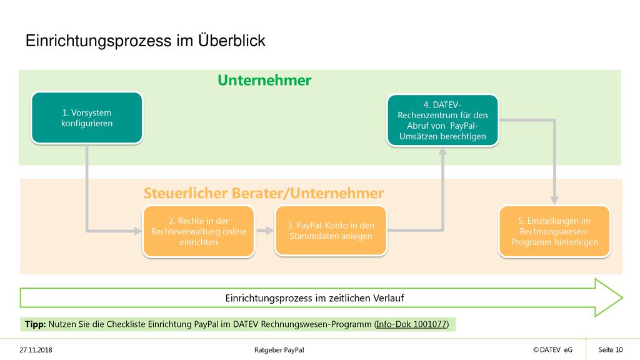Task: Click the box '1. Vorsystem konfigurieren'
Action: tap(87, 118)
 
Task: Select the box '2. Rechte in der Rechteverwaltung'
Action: tap(199, 231)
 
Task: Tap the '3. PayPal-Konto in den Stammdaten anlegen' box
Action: tap(331, 231)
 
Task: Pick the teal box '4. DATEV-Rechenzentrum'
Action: tap(443, 121)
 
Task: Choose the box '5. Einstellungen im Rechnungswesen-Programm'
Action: tap(555, 231)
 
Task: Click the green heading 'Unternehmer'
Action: tap(264, 81)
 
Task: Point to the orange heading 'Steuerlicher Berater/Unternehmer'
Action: tap(264, 193)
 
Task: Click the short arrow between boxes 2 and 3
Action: tap(265, 231)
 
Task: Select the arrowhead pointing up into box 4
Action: tap(443, 151)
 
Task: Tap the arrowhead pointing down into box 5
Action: tap(554, 201)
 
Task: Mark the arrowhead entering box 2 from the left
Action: tap(138, 231)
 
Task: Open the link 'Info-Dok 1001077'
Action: tap(411, 324)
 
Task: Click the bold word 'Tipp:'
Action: tap(36, 324)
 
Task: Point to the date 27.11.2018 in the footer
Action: tap(36, 350)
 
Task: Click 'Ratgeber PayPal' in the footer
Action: tap(279, 350)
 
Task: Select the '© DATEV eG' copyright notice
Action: tap(552, 350)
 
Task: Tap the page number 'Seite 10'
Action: tap(611, 350)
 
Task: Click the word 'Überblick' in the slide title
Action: tap(232, 41)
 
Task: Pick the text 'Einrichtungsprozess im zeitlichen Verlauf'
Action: tap(315, 298)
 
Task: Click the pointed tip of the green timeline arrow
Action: tap(622, 298)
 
